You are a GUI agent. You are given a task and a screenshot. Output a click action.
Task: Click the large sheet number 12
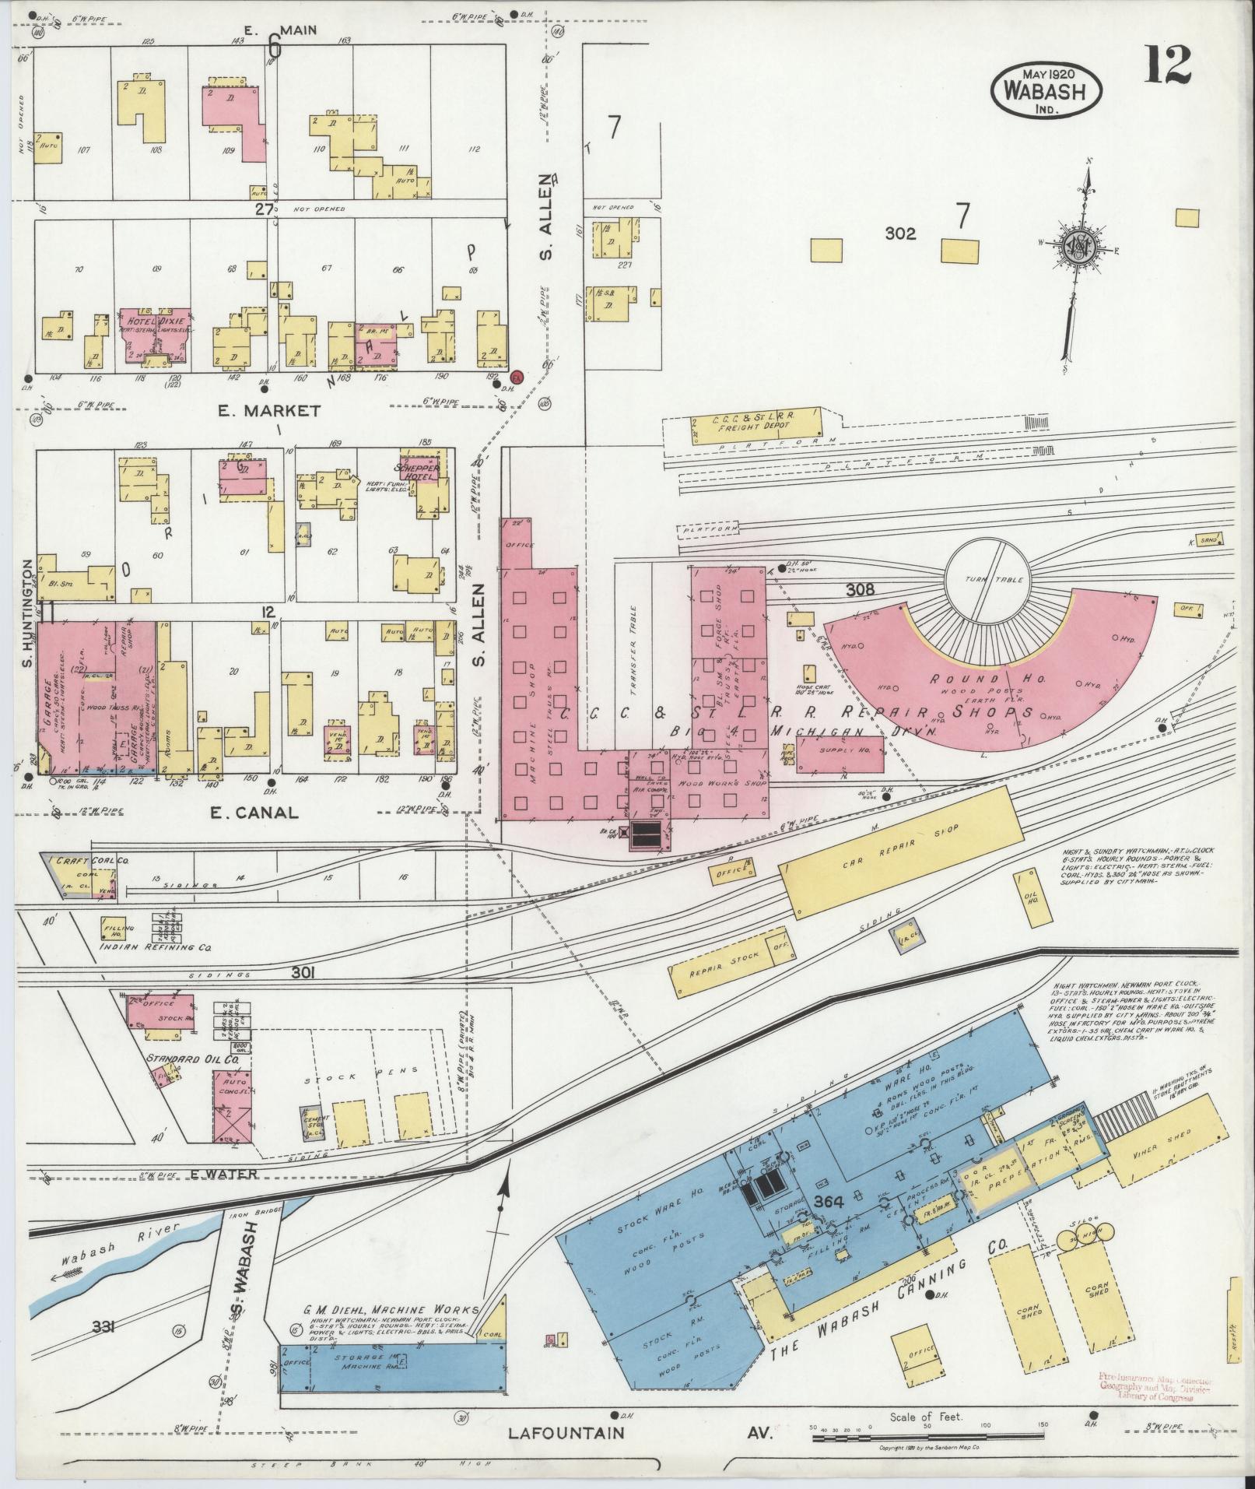click(1166, 65)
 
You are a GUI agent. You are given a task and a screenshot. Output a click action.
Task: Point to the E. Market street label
click(269, 410)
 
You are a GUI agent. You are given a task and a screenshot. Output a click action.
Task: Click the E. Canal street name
click(255, 813)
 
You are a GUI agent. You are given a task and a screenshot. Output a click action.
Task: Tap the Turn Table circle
click(984, 579)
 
